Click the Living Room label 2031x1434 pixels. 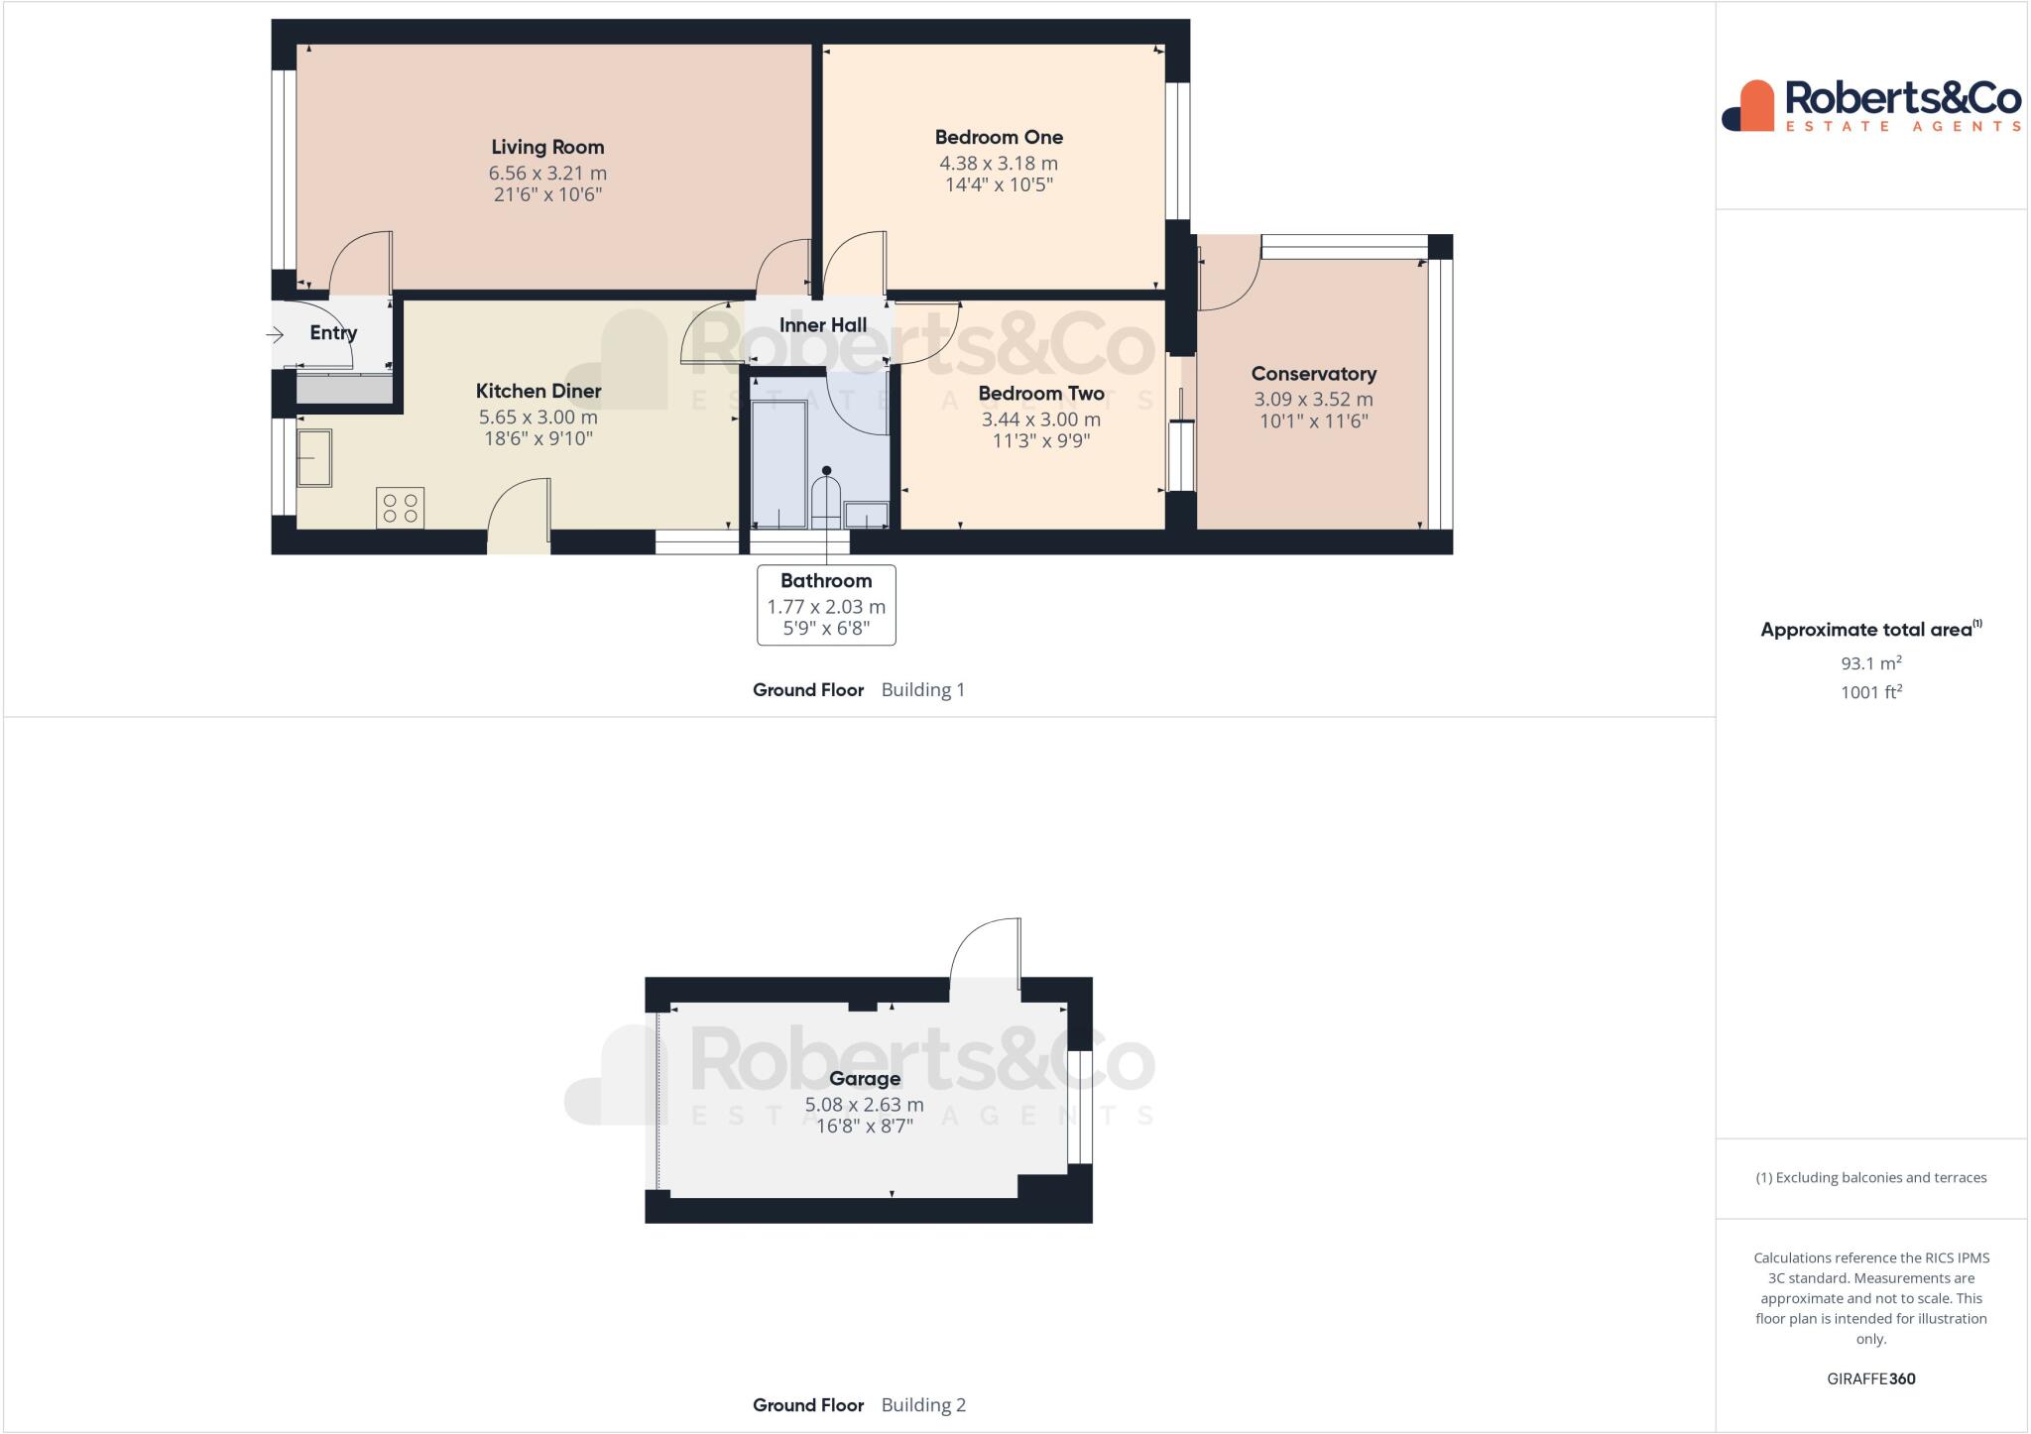[x=547, y=147]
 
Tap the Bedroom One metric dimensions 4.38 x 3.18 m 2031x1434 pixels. [x=998, y=163]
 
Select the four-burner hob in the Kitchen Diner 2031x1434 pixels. [x=401, y=508]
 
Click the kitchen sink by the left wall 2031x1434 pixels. [x=314, y=458]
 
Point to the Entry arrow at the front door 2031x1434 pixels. [x=276, y=335]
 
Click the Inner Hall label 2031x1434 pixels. [x=822, y=325]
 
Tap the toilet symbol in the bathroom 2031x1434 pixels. [x=825, y=502]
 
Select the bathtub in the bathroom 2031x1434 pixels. [x=778, y=463]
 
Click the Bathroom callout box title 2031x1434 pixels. [x=825, y=581]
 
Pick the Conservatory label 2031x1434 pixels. [x=1313, y=374]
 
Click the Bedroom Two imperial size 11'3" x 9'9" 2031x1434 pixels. [x=1040, y=441]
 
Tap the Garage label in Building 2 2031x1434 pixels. [x=865, y=1078]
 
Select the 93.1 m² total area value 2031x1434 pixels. [x=1870, y=662]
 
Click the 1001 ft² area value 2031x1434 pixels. [x=1870, y=692]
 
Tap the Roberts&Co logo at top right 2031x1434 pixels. [x=1871, y=105]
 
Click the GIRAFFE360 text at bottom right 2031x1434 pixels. [x=1870, y=1378]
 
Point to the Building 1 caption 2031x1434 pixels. [x=922, y=690]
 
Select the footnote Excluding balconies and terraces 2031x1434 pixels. [x=1870, y=1178]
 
